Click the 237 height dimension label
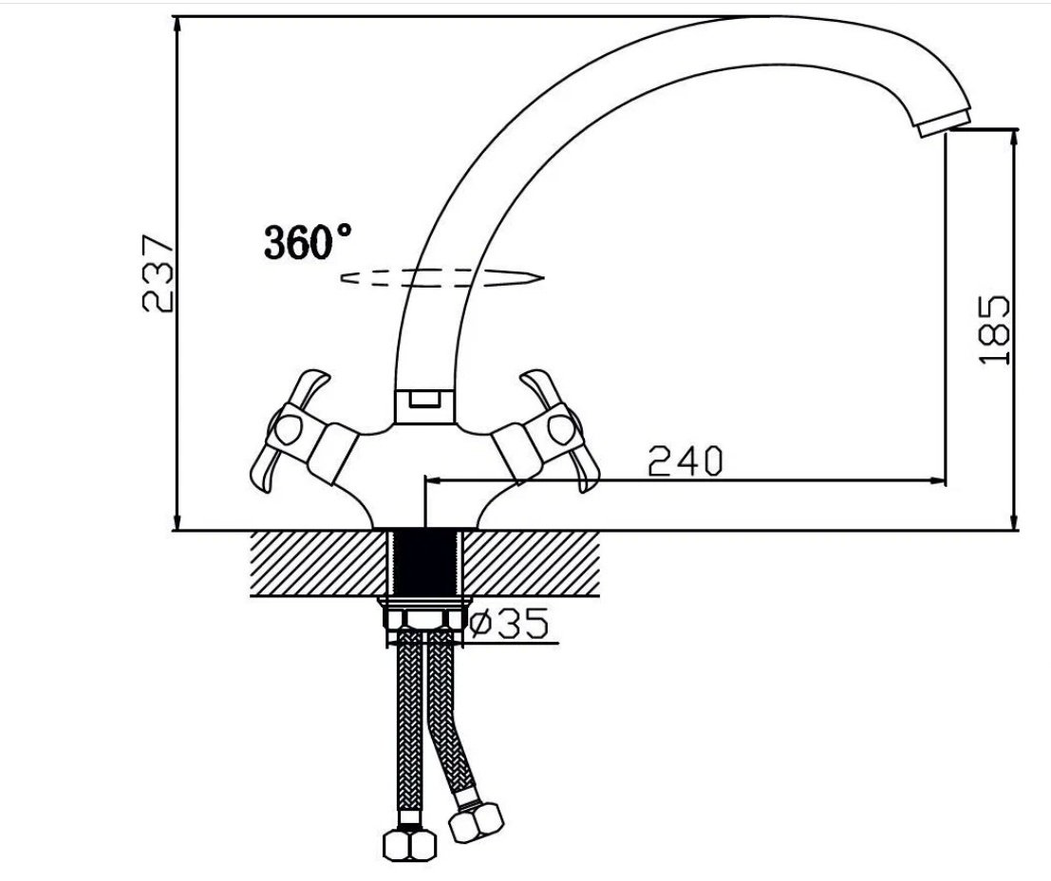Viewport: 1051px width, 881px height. [x=159, y=272]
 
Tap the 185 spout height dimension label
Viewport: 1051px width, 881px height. [x=994, y=329]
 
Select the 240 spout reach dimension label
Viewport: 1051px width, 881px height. [x=685, y=460]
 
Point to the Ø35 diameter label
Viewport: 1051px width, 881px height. [x=508, y=623]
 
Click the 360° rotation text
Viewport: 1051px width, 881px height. [x=308, y=241]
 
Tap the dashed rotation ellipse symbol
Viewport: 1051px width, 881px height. [x=442, y=278]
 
